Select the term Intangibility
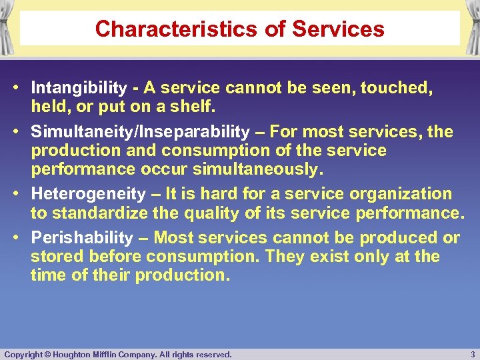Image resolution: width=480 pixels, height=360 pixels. coord(79,87)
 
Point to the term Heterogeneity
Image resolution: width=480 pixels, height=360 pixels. coord(88,194)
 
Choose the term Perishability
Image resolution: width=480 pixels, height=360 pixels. coord(82,238)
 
